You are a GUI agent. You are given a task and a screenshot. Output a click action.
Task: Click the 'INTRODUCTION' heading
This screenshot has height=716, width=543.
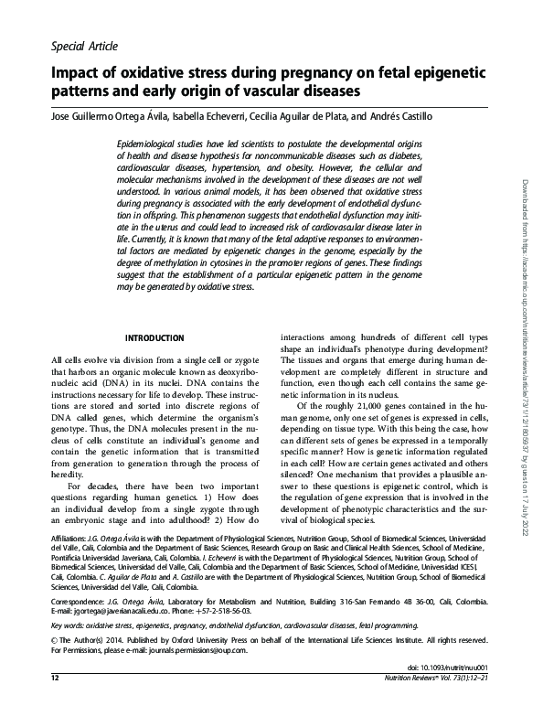[x=155, y=337]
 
